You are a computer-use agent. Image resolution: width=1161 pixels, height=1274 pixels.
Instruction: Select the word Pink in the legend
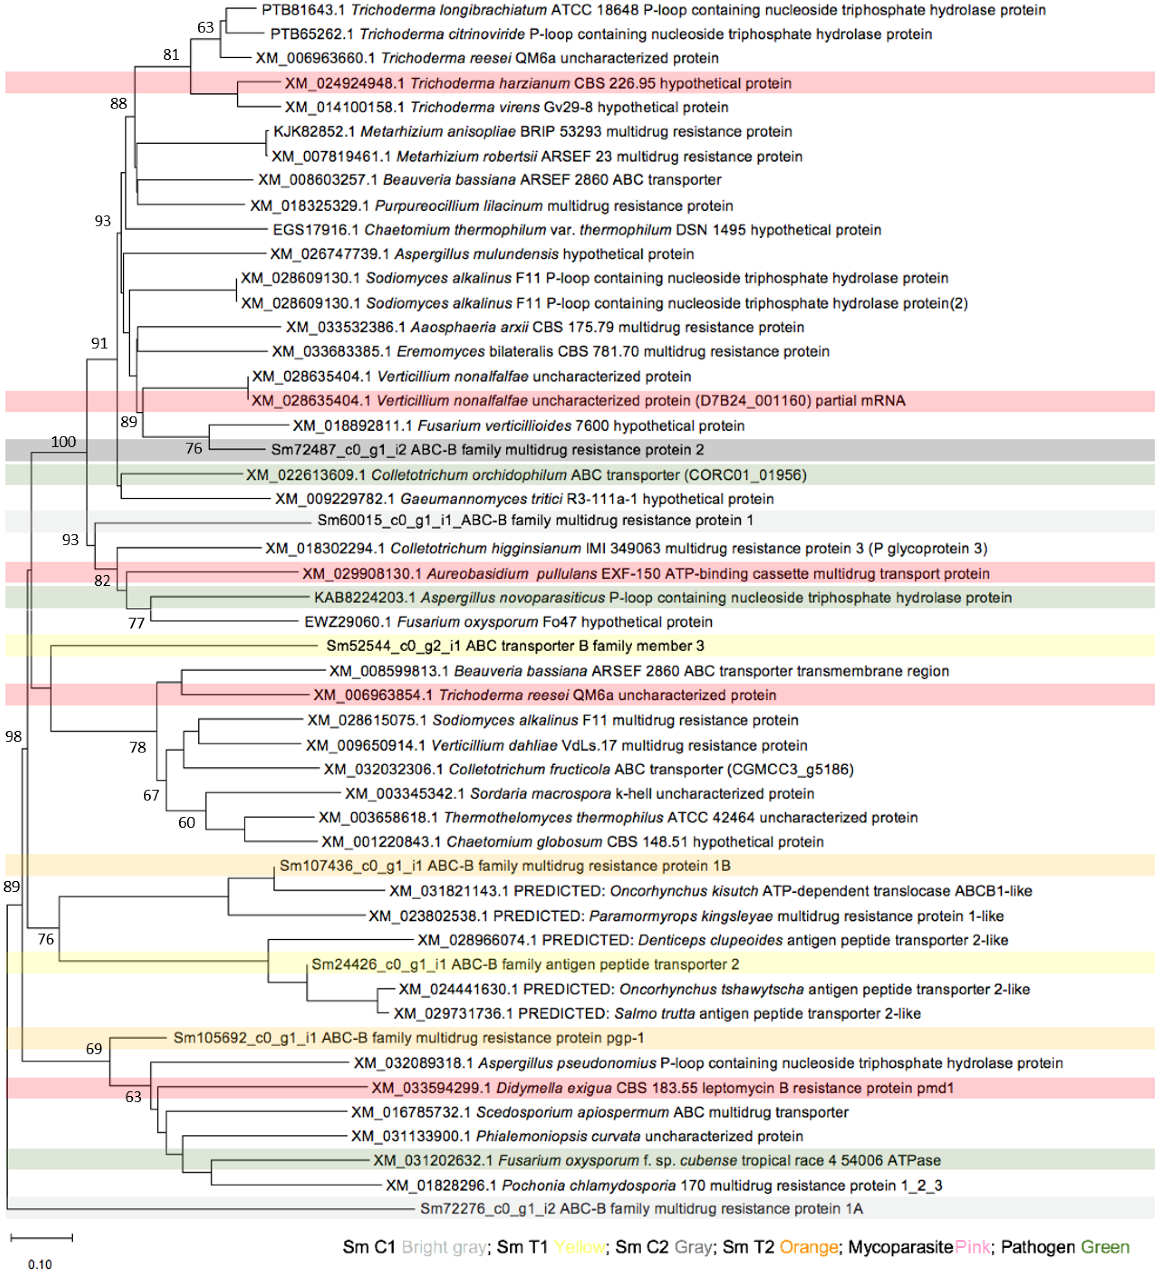973,1247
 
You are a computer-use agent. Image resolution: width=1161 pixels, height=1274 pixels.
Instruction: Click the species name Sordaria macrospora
541,794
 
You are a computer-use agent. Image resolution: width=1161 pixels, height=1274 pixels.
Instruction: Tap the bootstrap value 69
94,1049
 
